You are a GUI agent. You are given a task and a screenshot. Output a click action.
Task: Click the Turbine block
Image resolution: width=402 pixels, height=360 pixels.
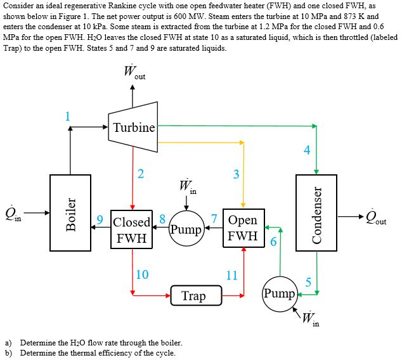[x=133, y=127]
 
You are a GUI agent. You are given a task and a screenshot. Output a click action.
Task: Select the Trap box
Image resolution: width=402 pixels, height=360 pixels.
[x=193, y=295]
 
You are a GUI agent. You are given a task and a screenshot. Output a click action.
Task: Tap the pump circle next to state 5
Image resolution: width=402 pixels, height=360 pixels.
[x=279, y=294]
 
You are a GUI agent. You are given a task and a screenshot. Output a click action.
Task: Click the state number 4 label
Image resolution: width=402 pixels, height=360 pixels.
[x=307, y=150]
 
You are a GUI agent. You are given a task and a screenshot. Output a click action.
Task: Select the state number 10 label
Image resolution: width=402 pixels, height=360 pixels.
[x=142, y=274]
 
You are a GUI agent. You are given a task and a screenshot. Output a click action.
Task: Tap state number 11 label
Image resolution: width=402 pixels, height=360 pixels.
[x=232, y=274]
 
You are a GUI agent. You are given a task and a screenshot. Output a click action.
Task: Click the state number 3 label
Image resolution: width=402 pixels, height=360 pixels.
[x=236, y=175]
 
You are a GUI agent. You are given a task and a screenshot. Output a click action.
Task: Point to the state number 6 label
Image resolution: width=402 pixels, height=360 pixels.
[x=273, y=241]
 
